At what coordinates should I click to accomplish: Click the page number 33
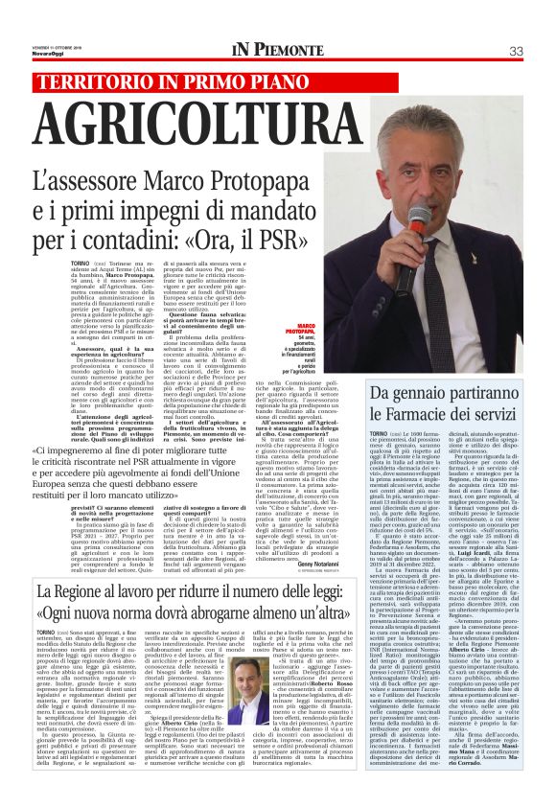pyautogui.click(x=516, y=51)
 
